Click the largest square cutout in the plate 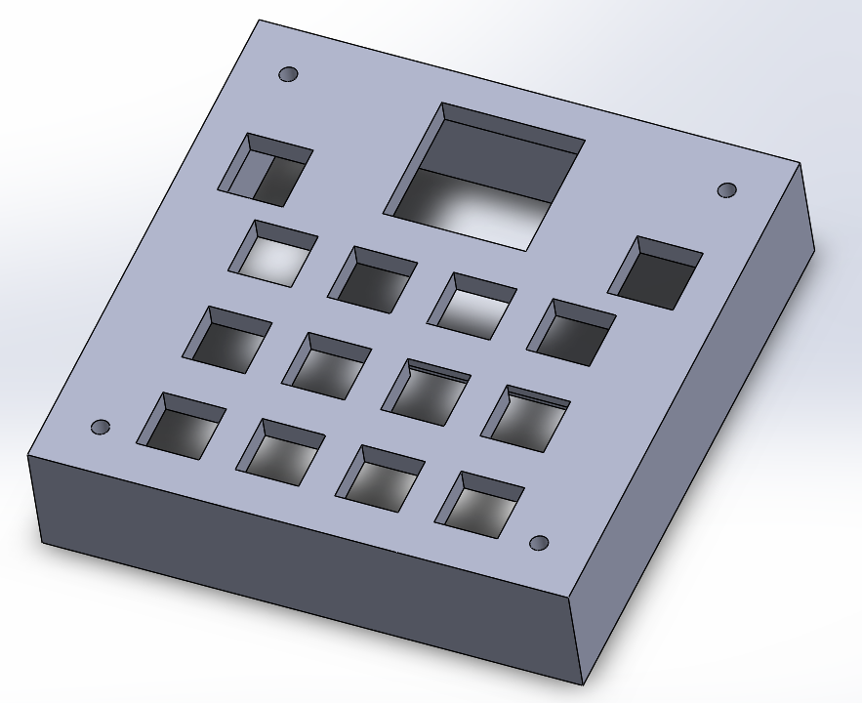(x=485, y=176)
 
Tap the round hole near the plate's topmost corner (x=288, y=74)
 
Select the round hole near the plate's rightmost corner (x=726, y=189)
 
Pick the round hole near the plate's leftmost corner (x=100, y=427)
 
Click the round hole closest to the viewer (x=538, y=543)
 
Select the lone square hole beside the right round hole (x=655, y=272)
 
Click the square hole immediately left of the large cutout (x=265, y=170)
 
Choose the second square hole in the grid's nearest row (x=280, y=452)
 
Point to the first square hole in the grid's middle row (x=226, y=339)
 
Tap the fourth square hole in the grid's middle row (x=525, y=418)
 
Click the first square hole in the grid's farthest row (x=273, y=253)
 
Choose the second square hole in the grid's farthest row (x=372, y=279)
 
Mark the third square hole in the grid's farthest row (x=472, y=306)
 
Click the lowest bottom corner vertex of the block (x=584, y=684)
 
